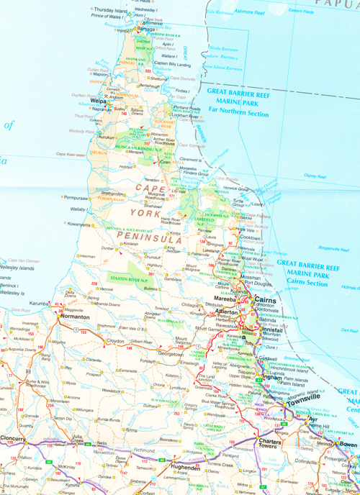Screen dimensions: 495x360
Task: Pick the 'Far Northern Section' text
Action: pyautogui.click(x=238, y=114)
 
